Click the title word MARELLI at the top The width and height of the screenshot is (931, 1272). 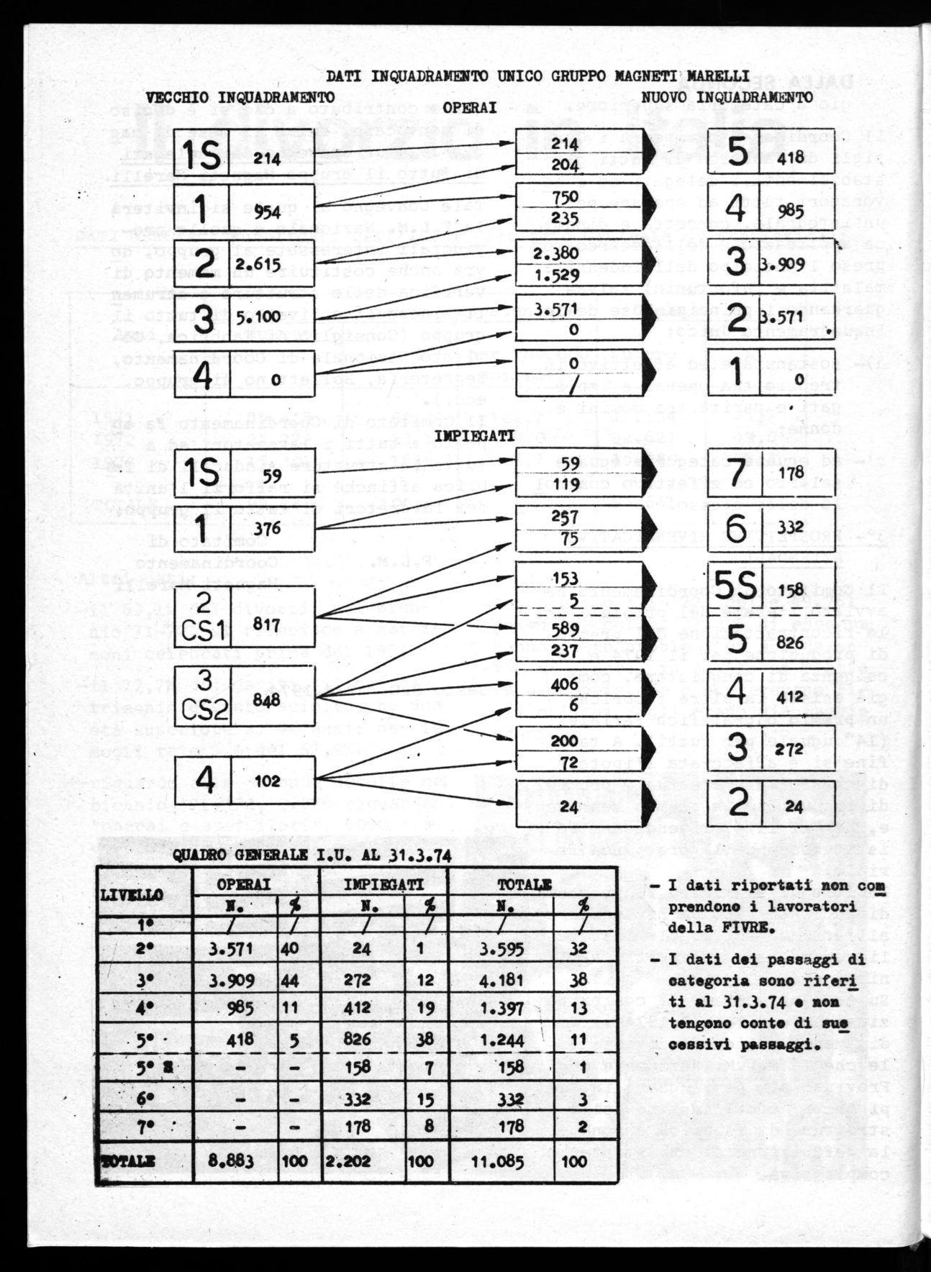point(719,76)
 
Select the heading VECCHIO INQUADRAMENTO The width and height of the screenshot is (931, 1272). point(240,96)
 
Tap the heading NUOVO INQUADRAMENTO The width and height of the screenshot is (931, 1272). point(727,96)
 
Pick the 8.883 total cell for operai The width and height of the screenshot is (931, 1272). point(227,1160)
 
